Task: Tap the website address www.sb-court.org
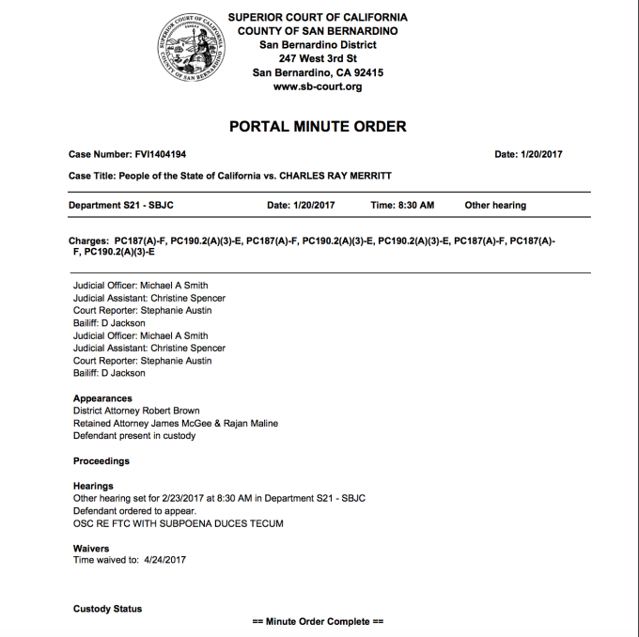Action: pyautogui.click(x=318, y=87)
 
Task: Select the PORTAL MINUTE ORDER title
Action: pyautogui.click(x=318, y=127)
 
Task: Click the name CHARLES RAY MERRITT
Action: pyautogui.click(x=336, y=176)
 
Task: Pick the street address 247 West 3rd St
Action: pyautogui.click(x=318, y=59)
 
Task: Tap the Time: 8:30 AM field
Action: pyautogui.click(x=402, y=205)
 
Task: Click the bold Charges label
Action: pyautogui.click(x=88, y=241)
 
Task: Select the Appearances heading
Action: pyautogui.click(x=102, y=398)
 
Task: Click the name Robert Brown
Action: pyautogui.click(x=173, y=411)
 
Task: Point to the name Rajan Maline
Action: pyautogui.click(x=250, y=423)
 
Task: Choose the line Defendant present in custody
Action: pyautogui.click(x=134, y=436)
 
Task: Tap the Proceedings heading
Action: pyautogui.click(x=101, y=461)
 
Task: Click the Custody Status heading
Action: pyautogui.click(x=108, y=609)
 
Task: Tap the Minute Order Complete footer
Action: pyautogui.click(x=319, y=622)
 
